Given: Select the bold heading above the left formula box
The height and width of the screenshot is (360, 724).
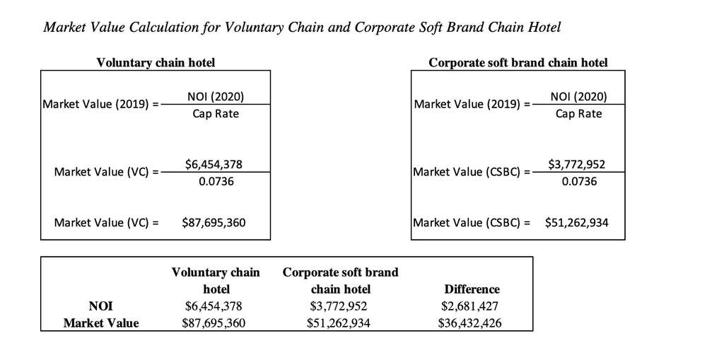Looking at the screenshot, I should (x=156, y=63).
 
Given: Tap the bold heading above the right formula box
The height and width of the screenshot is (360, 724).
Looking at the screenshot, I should (x=518, y=63).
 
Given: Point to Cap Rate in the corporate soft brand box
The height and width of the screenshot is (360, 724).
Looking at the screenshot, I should (x=578, y=114).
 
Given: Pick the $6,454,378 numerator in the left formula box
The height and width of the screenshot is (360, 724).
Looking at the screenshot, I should (x=214, y=164).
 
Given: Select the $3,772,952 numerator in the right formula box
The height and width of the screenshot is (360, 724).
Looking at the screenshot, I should (x=576, y=165).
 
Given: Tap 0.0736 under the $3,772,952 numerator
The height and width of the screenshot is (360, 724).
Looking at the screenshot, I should (x=579, y=182).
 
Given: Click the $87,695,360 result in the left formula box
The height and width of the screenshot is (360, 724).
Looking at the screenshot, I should (x=214, y=223).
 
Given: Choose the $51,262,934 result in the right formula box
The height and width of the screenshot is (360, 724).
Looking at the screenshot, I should (x=576, y=223).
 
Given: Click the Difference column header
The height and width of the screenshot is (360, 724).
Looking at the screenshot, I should (x=472, y=289).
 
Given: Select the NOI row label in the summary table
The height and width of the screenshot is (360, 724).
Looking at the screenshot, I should (x=100, y=306).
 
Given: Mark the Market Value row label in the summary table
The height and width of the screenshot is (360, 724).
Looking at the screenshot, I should (x=101, y=323).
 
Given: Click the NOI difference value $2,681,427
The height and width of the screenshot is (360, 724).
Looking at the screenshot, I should (x=472, y=306).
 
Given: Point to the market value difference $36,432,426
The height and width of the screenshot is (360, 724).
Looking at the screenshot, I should (x=472, y=323).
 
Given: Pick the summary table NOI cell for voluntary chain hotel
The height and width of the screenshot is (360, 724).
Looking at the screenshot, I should (x=216, y=306).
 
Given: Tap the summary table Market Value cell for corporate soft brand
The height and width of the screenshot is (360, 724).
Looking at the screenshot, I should (x=340, y=323).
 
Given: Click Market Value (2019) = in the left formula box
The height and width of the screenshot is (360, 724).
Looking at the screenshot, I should (x=100, y=105).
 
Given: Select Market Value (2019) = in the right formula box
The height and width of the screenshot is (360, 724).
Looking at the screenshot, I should (x=472, y=105).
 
